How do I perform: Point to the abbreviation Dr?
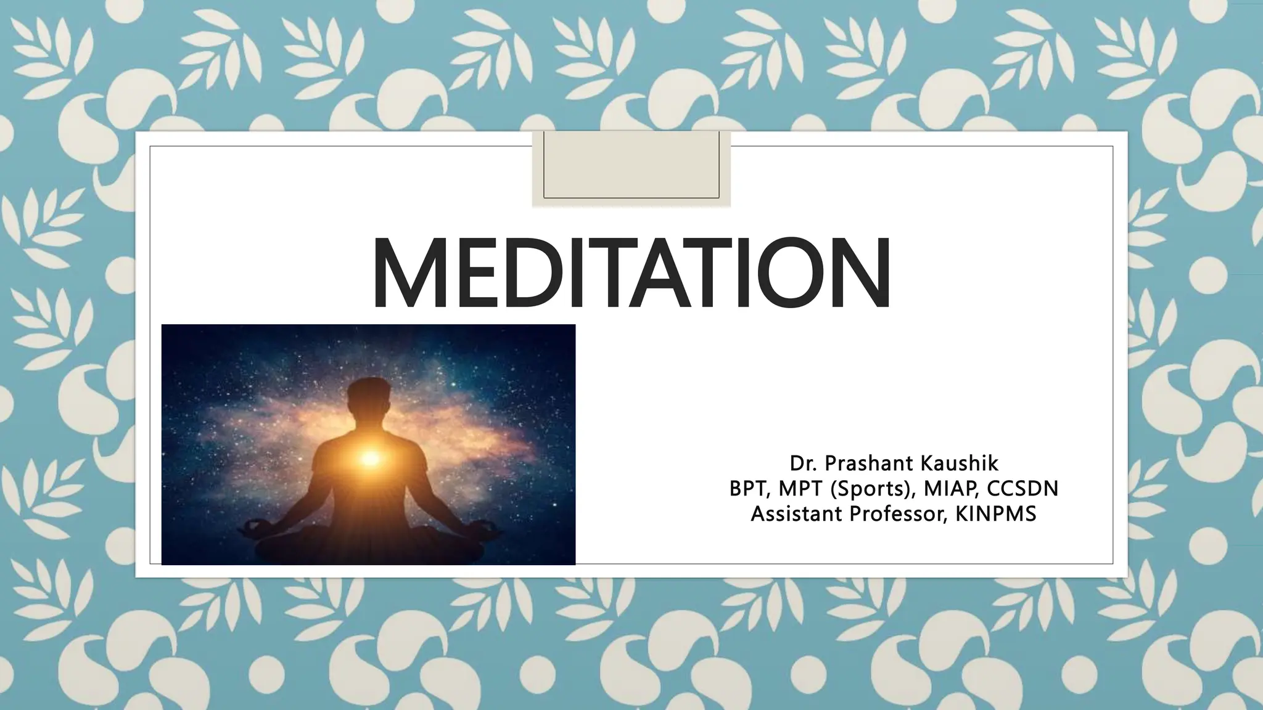click(x=804, y=463)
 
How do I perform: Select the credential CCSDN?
click(x=1023, y=489)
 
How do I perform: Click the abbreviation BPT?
click(x=749, y=489)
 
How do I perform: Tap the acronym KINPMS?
click(x=996, y=514)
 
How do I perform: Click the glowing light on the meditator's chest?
click(x=371, y=457)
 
